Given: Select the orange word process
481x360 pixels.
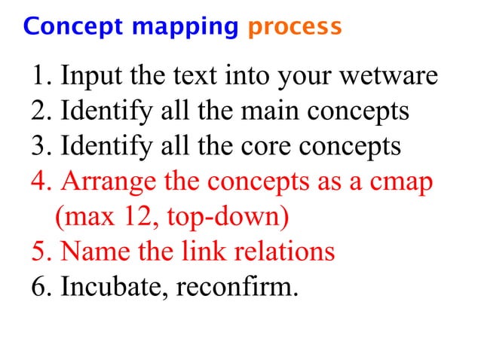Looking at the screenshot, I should click(294, 28).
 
